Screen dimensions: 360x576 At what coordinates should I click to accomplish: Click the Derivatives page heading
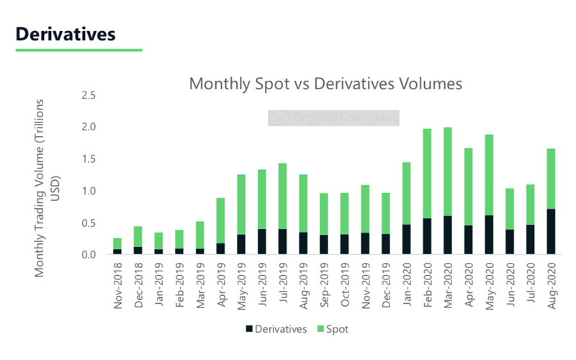click(65, 34)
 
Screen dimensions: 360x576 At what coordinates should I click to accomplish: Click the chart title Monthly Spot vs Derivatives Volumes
click(325, 84)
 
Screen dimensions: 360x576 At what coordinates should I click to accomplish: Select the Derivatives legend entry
click(277, 329)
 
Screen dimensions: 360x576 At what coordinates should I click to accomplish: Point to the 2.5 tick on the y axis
click(89, 95)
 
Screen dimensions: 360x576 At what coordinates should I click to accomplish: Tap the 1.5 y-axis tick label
click(89, 159)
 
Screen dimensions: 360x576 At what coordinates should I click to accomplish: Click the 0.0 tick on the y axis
click(89, 255)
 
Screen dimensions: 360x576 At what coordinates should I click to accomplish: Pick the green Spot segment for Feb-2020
click(427, 173)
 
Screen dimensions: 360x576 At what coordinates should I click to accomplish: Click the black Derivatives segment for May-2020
click(489, 235)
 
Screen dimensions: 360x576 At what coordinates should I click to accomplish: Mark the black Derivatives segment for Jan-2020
click(406, 240)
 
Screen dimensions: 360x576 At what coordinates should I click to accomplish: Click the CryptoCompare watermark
click(333, 117)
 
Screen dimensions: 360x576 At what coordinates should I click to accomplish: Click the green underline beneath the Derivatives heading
click(78, 50)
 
